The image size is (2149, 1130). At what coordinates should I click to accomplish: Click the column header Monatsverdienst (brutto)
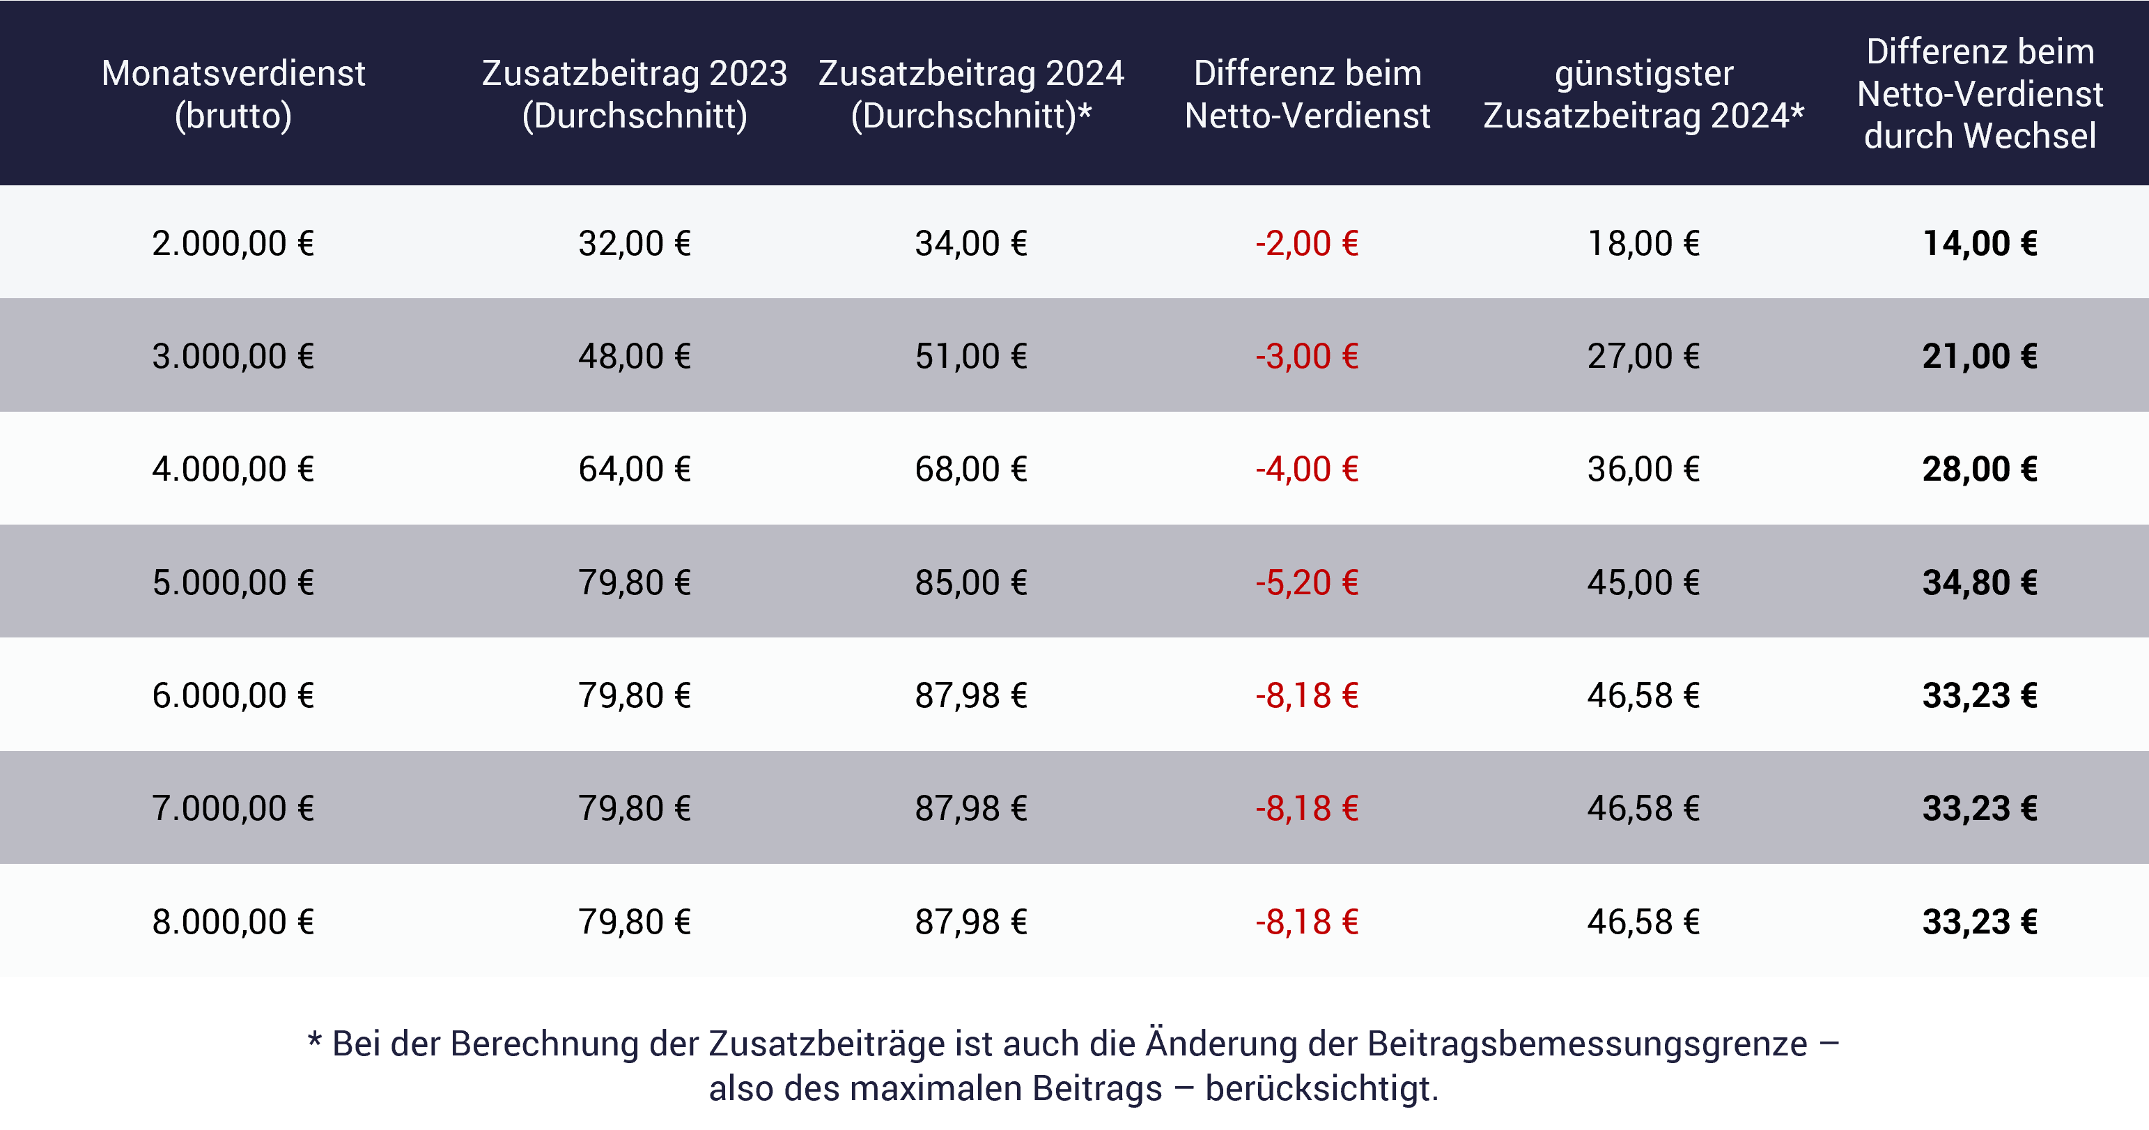[233, 94]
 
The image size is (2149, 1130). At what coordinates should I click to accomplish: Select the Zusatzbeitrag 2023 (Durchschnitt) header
[634, 94]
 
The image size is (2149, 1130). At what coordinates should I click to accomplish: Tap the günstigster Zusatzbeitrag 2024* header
[1643, 94]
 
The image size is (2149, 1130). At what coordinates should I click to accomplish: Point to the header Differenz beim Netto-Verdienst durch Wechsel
[1980, 93]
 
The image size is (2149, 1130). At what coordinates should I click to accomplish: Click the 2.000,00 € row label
[233, 244]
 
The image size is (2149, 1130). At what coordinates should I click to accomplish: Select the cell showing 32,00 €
[634, 244]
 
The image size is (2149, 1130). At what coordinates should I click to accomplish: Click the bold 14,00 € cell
[1980, 244]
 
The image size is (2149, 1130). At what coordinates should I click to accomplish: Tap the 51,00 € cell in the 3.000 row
[970, 357]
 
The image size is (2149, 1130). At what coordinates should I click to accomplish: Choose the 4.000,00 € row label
[233, 469]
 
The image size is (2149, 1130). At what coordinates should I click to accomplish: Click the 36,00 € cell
[1643, 469]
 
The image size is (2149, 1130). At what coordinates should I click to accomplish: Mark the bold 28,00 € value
[1980, 469]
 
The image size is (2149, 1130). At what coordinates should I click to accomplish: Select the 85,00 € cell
[970, 582]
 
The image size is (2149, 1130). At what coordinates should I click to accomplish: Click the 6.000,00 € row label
[233, 695]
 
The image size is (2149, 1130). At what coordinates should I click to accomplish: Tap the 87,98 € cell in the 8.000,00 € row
[970, 922]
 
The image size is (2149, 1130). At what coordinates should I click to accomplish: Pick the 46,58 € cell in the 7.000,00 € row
[1643, 808]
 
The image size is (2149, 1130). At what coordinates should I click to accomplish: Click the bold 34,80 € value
[1980, 582]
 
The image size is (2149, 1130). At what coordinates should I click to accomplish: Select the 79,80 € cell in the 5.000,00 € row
[634, 582]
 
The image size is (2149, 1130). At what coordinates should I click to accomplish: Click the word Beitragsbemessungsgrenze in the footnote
[1587, 1044]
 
